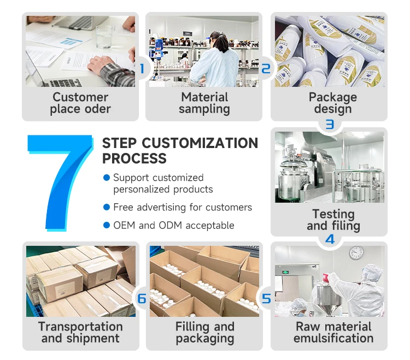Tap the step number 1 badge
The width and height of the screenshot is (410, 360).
[142, 69]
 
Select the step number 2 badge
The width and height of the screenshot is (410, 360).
[266, 69]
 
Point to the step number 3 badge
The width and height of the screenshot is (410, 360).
[330, 125]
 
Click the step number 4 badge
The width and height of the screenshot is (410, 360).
[330, 239]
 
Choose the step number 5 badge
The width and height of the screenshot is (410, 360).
[266, 299]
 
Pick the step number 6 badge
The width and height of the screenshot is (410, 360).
[142, 299]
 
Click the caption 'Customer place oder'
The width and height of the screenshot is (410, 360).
[80, 103]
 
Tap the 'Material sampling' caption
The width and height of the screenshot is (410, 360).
[204, 103]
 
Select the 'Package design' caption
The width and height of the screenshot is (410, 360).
[332, 103]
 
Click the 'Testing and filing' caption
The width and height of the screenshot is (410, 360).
[333, 220]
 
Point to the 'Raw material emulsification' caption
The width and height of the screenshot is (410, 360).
[333, 332]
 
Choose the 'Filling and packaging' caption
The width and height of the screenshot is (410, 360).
[204, 332]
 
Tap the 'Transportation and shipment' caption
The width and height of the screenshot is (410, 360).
[80, 332]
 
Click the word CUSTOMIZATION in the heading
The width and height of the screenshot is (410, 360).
[200, 143]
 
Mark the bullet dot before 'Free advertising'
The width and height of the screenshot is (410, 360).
[107, 207]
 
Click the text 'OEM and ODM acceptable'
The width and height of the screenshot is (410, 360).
[173, 225]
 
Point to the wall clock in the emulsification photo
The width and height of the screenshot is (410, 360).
[356, 252]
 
